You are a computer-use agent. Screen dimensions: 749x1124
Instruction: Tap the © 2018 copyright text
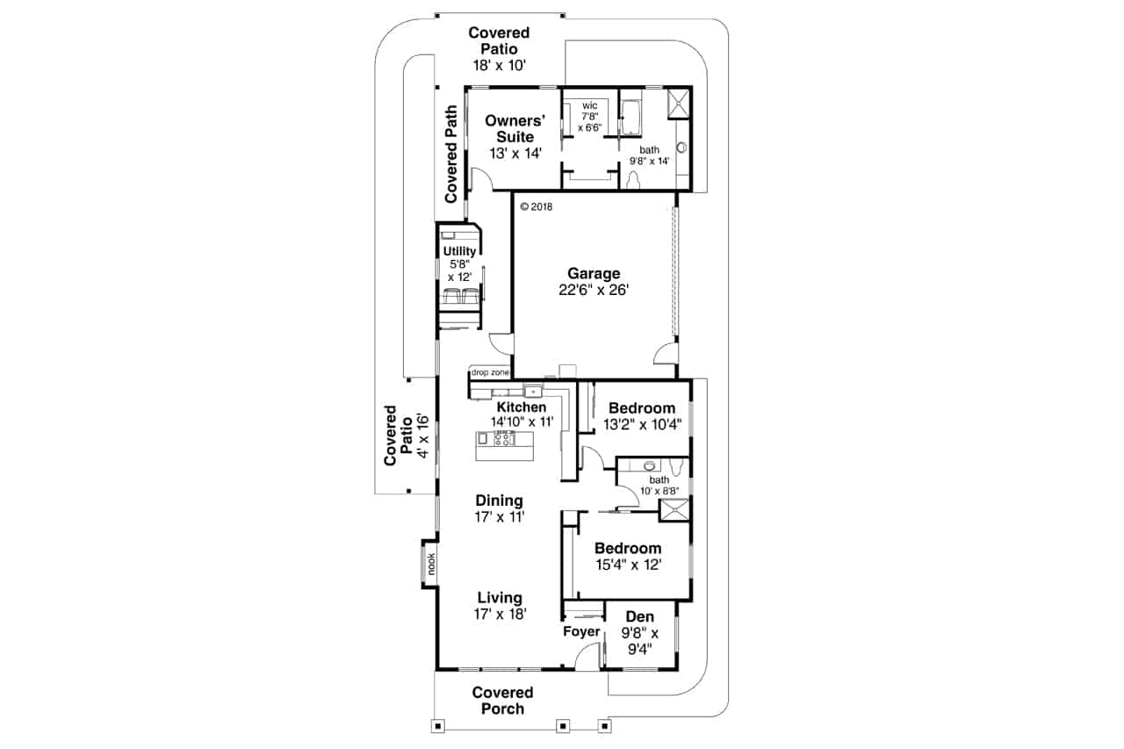coord(537,207)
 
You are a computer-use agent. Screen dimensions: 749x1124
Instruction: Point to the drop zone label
coord(490,372)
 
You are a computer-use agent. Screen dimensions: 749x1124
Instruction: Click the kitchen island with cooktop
coord(505,446)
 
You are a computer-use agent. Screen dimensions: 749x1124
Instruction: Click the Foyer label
coord(581,632)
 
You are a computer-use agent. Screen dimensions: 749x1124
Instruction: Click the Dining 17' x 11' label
coord(500,509)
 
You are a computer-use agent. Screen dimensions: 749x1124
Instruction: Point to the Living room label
coord(500,606)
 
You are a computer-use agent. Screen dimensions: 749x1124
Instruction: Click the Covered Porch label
coord(502,701)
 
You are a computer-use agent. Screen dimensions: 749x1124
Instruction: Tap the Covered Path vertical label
coord(450,155)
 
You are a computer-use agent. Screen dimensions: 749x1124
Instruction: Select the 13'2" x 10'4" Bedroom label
coord(641,416)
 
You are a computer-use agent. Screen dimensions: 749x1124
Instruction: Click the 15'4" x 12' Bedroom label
coord(626,557)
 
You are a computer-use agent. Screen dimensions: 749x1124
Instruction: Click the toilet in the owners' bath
coord(635,179)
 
